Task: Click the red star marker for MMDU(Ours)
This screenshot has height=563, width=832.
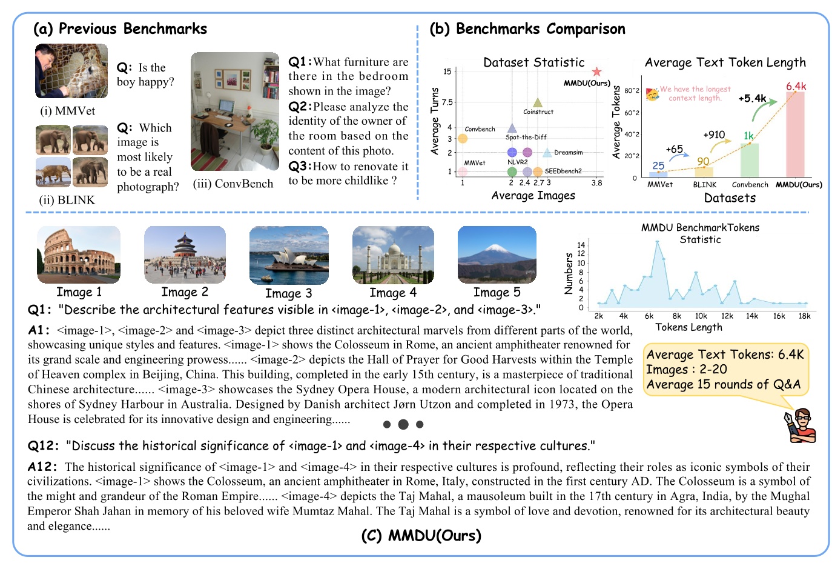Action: pyautogui.click(x=596, y=72)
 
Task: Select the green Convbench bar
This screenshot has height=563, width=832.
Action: pyautogui.click(x=750, y=160)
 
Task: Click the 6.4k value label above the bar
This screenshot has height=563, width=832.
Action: pyautogui.click(x=796, y=86)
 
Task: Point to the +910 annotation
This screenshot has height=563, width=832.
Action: pyautogui.click(x=714, y=135)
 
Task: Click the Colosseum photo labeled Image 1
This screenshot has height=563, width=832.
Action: pyautogui.click(x=79, y=255)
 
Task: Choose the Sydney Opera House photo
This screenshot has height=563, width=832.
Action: pyautogui.click(x=289, y=255)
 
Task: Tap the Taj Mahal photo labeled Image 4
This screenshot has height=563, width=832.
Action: pyautogui.click(x=393, y=255)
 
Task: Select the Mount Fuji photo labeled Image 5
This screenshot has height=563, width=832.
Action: pyautogui.click(x=497, y=255)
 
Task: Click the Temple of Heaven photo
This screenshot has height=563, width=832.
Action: pyautogui.click(x=185, y=255)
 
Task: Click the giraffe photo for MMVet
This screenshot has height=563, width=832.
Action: pyautogui.click(x=71, y=71)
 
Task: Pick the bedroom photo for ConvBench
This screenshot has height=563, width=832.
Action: pyautogui.click(x=235, y=112)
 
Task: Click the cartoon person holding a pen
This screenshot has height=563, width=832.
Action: pyautogui.click(x=801, y=425)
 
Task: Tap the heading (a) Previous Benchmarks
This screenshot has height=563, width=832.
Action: pyautogui.click(x=120, y=28)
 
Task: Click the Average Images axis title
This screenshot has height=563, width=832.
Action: pyautogui.click(x=533, y=195)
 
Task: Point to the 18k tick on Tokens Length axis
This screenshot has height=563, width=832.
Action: pyautogui.click(x=804, y=316)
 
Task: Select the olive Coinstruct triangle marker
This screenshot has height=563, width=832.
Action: pyautogui.click(x=537, y=102)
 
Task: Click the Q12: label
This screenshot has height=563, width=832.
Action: pyautogui.click(x=44, y=446)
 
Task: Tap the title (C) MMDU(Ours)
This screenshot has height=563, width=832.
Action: pyautogui.click(x=421, y=536)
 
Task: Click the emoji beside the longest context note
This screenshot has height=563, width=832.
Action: pyautogui.click(x=652, y=93)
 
